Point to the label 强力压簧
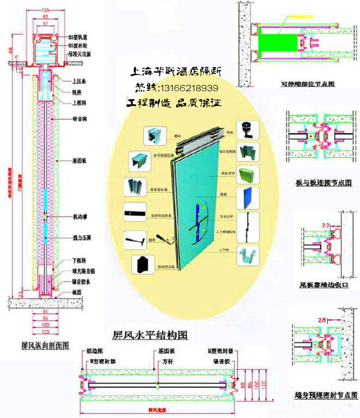tap(81, 237)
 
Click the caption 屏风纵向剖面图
tap(46, 345)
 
